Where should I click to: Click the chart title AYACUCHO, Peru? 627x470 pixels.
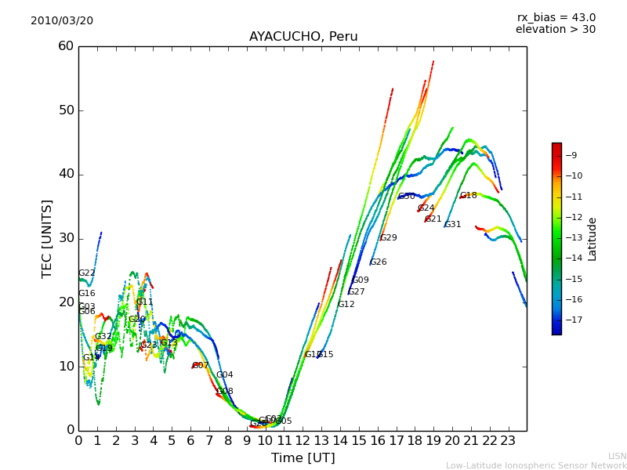click(x=303, y=37)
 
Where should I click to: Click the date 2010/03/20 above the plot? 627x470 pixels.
click(x=62, y=20)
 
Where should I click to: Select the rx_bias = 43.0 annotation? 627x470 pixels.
click(x=556, y=17)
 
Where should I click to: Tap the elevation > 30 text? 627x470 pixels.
click(x=555, y=30)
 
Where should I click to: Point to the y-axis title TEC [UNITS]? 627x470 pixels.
click(x=47, y=238)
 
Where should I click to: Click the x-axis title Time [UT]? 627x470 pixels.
click(x=303, y=458)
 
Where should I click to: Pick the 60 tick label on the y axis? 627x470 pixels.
click(x=66, y=46)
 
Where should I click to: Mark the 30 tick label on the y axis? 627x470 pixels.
click(x=66, y=238)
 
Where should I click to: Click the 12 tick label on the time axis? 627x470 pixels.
click(x=303, y=441)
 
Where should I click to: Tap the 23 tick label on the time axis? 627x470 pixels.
click(x=508, y=441)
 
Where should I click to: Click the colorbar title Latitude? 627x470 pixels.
click(x=593, y=239)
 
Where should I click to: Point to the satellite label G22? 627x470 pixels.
click(x=87, y=273)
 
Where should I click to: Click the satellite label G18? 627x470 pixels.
click(x=469, y=196)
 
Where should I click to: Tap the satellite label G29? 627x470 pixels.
click(x=389, y=238)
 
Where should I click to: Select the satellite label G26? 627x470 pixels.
click(x=379, y=262)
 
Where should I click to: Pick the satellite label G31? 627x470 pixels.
click(x=453, y=225)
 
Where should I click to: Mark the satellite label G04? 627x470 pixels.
click(x=225, y=375)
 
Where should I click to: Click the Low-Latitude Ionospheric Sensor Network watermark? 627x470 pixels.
click(x=536, y=465)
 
